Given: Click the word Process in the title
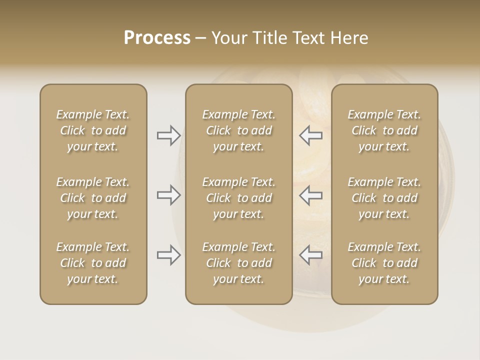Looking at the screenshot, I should (x=157, y=38).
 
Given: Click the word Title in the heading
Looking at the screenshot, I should (x=268, y=38).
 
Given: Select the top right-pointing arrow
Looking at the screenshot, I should (x=168, y=135).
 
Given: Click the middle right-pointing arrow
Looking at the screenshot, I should (x=168, y=195).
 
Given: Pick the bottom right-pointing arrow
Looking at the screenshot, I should (x=168, y=255).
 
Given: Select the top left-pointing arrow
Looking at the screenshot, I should (x=310, y=135).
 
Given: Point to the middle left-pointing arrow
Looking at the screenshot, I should (x=310, y=195).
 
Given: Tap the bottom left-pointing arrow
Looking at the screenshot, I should (x=310, y=255).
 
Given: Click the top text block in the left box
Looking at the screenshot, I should (x=93, y=130).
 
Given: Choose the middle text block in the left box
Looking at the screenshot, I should (x=93, y=198).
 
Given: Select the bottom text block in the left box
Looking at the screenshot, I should (x=93, y=263).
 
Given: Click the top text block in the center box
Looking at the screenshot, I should (x=238, y=130).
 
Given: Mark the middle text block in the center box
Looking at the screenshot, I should (x=238, y=198).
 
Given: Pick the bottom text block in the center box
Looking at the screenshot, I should (x=238, y=263).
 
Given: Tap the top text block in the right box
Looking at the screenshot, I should (x=384, y=130).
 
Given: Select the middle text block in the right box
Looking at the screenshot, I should (x=384, y=198).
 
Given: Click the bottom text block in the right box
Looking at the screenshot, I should (x=384, y=263).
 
